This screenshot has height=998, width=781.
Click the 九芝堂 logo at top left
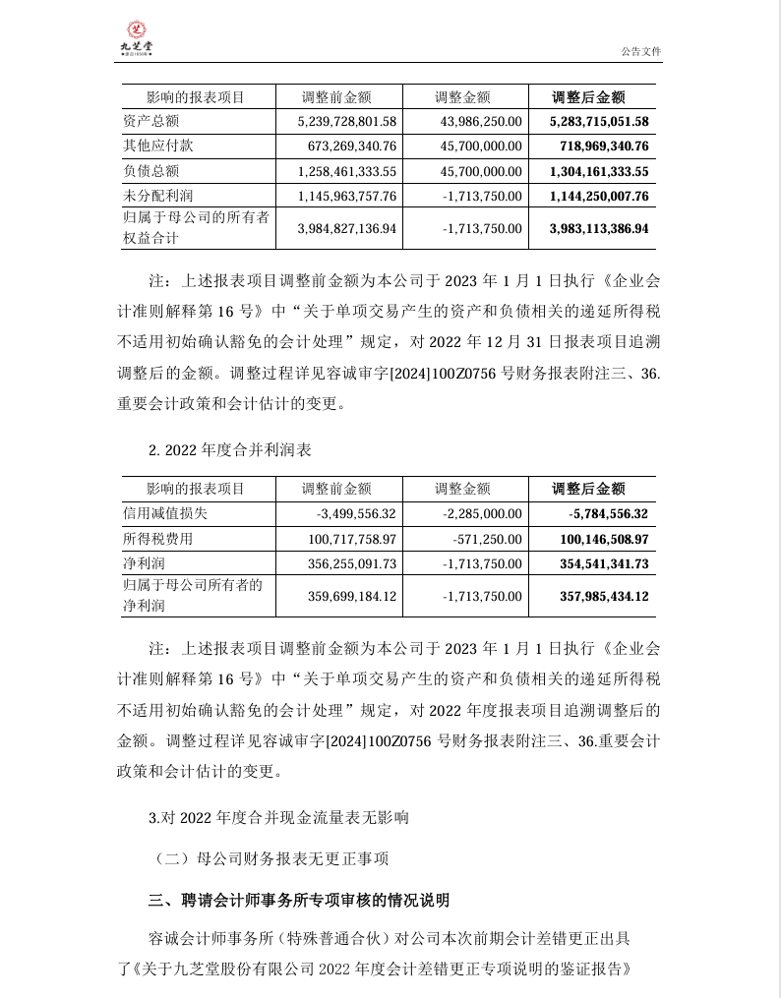136,36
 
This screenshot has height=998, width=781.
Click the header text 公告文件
641,51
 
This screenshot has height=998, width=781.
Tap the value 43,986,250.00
476,121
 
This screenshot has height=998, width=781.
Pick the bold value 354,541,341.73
601,563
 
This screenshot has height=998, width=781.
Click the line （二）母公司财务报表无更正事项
271,858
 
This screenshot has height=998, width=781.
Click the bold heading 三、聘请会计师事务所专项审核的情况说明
299,900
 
